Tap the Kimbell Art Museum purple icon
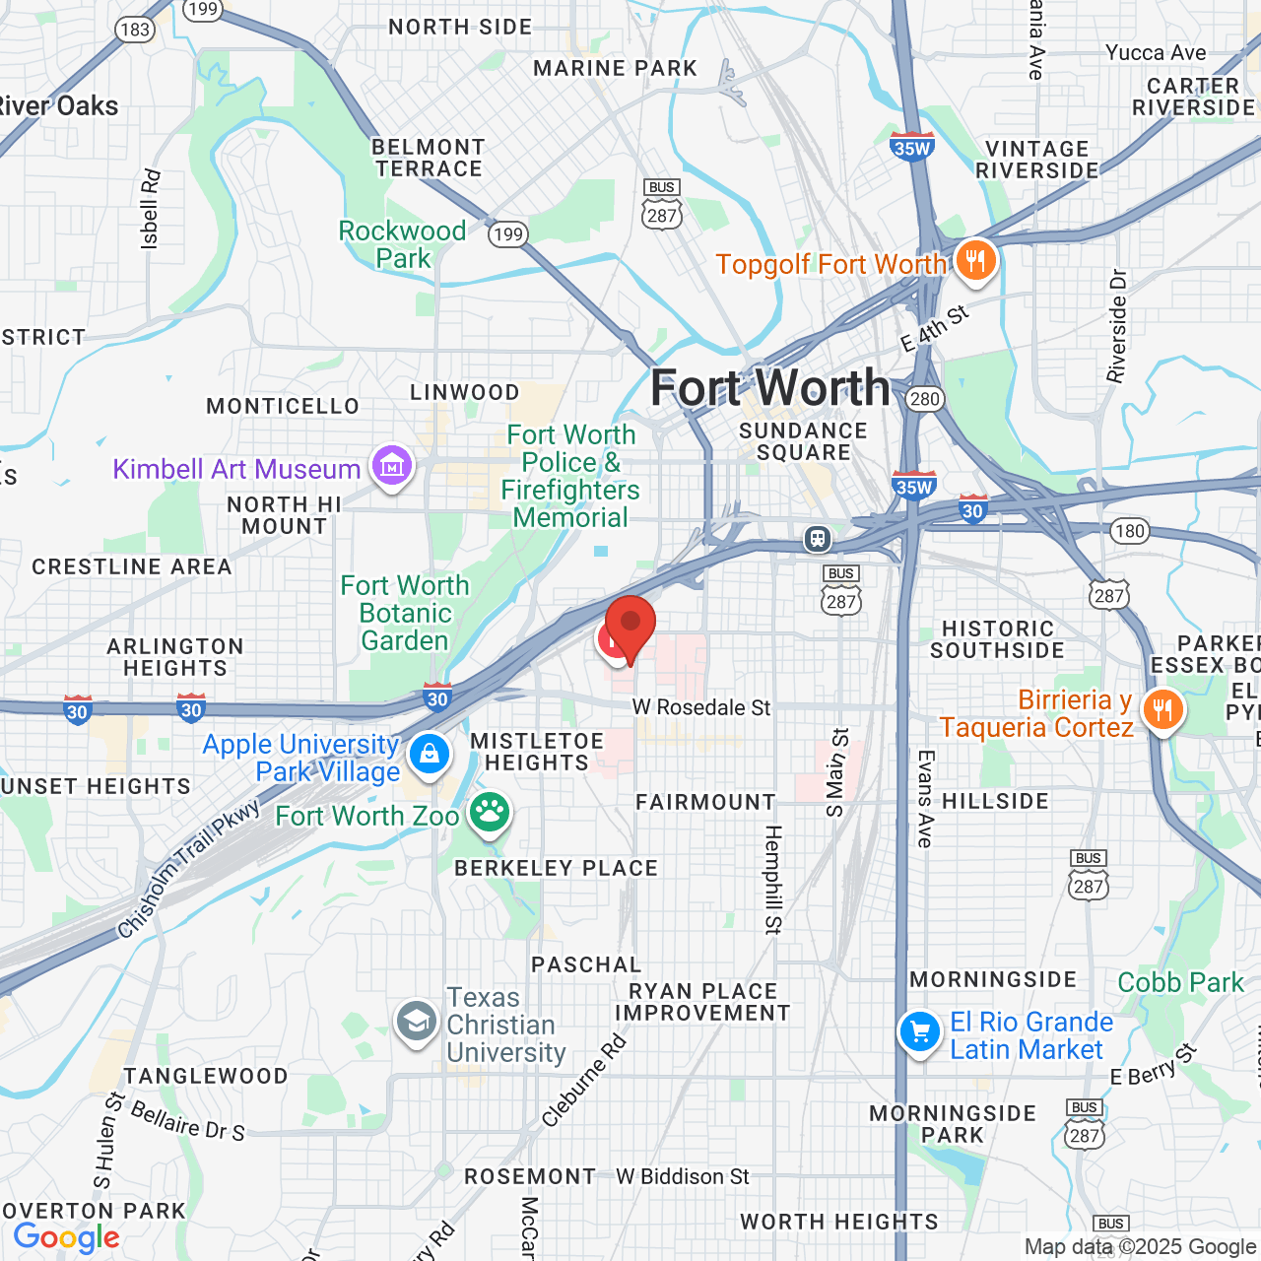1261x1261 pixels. click(x=392, y=466)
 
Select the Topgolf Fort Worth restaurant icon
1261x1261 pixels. click(x=975, y=261)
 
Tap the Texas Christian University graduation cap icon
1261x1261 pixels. click(x=417, y=1023)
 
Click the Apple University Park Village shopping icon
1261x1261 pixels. click(x=429, y=755)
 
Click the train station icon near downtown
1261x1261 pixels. click(x=817, y=539)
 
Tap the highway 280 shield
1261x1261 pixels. click(x=925, y=399)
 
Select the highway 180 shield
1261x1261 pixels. click(x=1130, y=531)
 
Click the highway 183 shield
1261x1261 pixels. click(x=135, y=29)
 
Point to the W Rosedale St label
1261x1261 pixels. click(x=701, y=707)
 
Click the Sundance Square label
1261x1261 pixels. click(x=803, y=441)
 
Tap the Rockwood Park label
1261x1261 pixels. click(x=402, y=244)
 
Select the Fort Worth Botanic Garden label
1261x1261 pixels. click(x=405, y=613)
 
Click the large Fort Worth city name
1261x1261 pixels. click(x=769, y=387)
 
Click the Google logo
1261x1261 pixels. click(x=66, y=1237)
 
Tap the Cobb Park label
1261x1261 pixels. click(x=1181, y=982)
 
